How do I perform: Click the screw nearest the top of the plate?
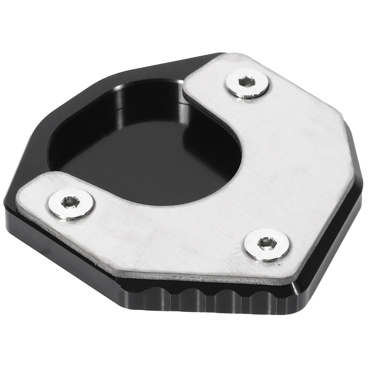247,83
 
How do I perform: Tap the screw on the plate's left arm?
71,203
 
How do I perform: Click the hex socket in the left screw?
70,201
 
